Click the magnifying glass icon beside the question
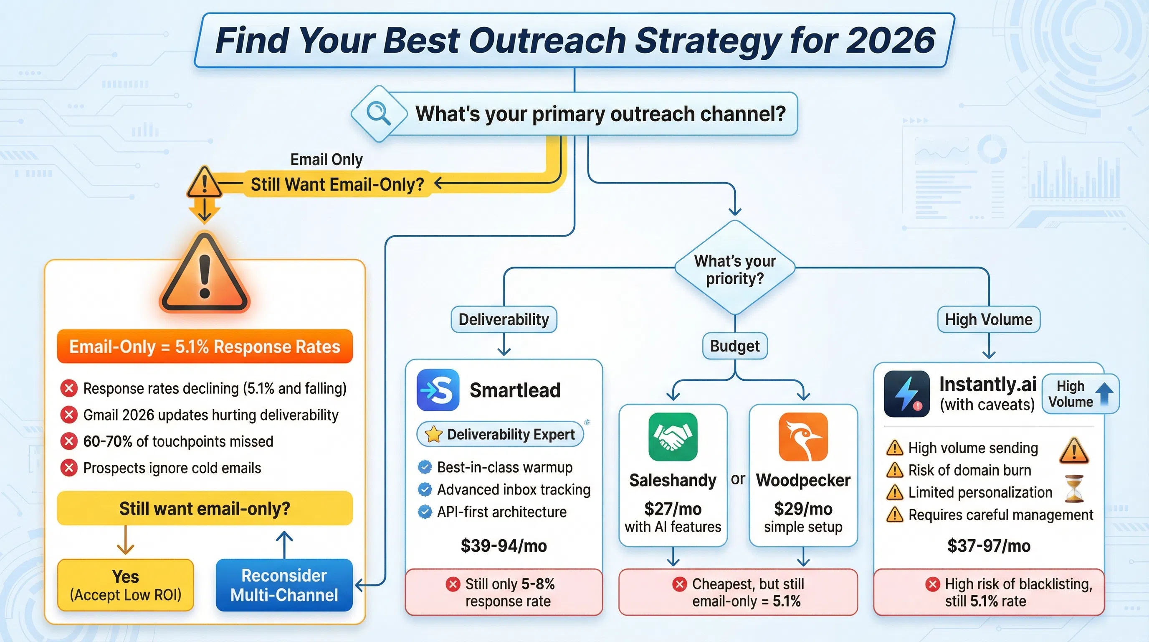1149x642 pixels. click(379, 113)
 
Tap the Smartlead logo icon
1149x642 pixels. click(438, 390)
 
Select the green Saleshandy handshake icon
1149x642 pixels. click(673, 437)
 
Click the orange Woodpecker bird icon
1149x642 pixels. click(803, 437)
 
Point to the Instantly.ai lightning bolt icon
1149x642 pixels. click(906, 393)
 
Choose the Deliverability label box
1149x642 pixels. click(504, 320)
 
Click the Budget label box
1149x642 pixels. click(735, 346)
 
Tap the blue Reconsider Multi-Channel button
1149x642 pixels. click(284, 585)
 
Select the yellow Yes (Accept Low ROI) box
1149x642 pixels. click(125, 585)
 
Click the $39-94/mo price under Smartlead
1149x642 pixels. click(504, 545)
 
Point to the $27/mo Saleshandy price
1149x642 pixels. click(673, 509)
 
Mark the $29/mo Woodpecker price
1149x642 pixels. click(803, 509)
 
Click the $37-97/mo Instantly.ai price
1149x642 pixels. click(988, 545)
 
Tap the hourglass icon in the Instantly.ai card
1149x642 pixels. click(1074, 489)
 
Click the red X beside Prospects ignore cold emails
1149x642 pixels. click(69, 468)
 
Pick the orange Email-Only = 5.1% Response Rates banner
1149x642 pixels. click(205, 346)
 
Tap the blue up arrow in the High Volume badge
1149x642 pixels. click(1104, 394)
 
